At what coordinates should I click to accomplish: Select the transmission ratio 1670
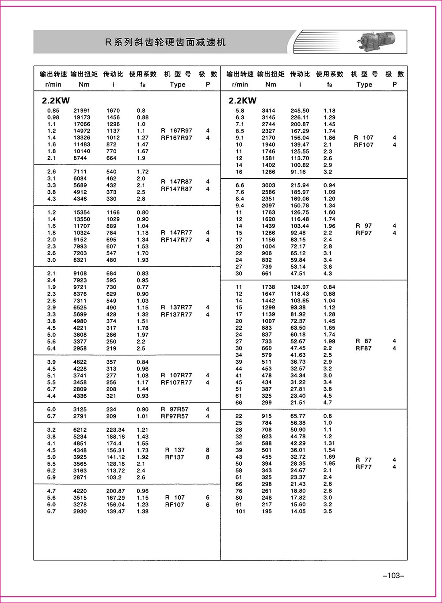click(113, 111)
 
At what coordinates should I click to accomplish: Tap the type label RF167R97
click(176, 138)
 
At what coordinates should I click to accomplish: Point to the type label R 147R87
click(176, 181)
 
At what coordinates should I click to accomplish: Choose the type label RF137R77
click(176, 315)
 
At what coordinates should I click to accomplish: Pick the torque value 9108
click(80, 274)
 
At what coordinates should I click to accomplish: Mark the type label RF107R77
click(176, 383)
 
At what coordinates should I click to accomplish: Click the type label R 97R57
click(175, 409)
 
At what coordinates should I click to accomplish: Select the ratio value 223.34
click(116, 430)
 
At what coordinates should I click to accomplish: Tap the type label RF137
click(175, 457)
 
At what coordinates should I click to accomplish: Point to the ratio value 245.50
click(300, 111)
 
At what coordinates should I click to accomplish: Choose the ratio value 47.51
click(298, 274)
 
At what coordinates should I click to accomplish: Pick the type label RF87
click(364, 348)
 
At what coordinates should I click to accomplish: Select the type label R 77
click(364, 460)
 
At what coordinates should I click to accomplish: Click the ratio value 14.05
click(298, 512)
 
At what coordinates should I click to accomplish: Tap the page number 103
click(391, 576)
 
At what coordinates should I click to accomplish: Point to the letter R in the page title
click(107, 42)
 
